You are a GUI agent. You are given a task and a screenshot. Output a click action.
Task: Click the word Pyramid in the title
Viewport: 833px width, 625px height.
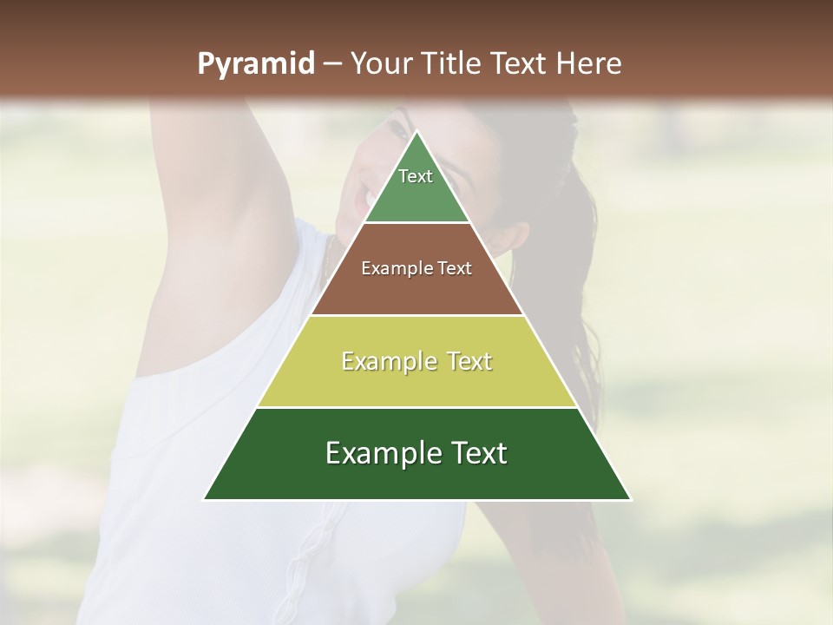click(256, 64)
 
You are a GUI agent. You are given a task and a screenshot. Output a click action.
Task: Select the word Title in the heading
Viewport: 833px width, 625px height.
click(453, 64)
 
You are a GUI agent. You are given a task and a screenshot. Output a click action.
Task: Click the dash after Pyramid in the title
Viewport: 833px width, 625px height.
click(331, 64)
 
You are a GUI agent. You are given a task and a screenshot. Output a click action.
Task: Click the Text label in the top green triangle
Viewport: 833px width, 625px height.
click(416, 176)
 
